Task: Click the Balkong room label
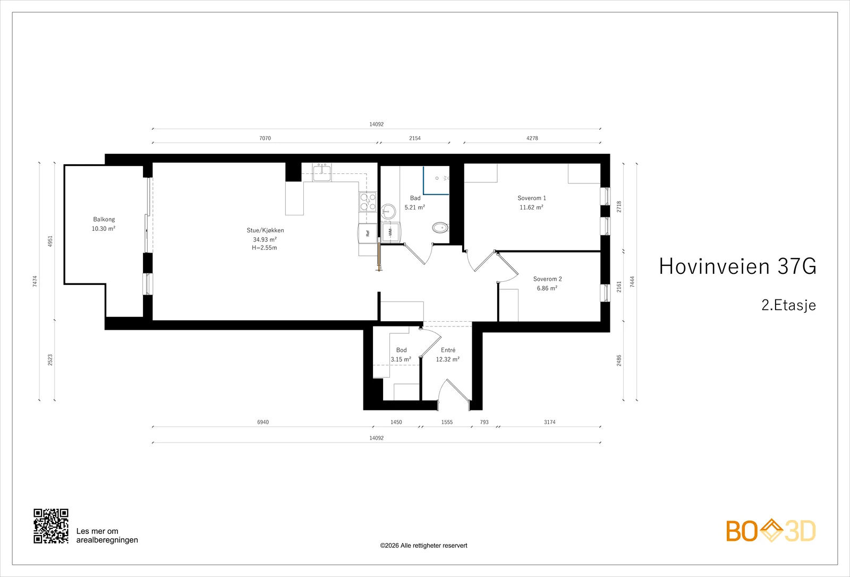tap(104, 219)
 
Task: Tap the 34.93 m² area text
tap(265, 239)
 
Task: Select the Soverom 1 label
tap(532, 198)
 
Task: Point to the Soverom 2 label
tap(547, 279)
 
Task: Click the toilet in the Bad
tap(440, 228)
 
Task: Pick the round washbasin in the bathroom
tap(388, 211)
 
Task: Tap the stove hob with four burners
tap(368, 202)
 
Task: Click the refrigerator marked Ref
tap(367, 233)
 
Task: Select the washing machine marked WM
tap(390, 232)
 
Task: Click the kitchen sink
tap(322, 173)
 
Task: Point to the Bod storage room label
tap(402, 350)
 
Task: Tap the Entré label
tap(448, 350)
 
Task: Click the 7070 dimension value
tap(265, 138)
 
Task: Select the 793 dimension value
tap(484, 422)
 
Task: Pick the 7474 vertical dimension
tap(35, 281)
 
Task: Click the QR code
tap(51, 526)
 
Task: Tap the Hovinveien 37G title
tap(737, 266)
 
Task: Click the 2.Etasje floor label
tap(788, 305)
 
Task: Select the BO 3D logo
tap(771, 531)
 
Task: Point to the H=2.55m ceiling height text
tap(265, 248)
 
